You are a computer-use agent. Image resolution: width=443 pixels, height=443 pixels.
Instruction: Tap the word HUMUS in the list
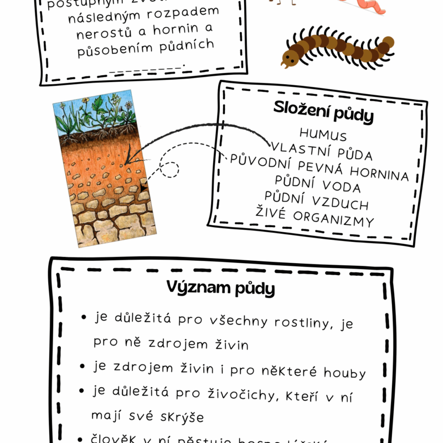(323, 135)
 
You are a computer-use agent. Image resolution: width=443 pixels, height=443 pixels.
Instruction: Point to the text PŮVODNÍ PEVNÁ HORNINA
(320, 168)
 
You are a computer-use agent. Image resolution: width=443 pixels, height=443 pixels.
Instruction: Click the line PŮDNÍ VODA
(318, 185)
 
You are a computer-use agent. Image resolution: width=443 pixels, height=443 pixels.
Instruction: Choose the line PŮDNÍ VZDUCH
(317, 201)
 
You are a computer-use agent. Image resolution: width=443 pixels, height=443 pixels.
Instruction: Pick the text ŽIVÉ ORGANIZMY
(315, 217)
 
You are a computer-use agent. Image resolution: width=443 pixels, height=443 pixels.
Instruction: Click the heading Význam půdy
(220, 289)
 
